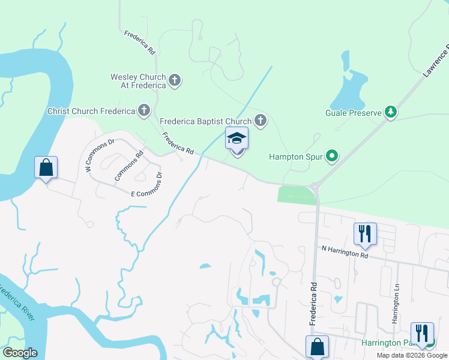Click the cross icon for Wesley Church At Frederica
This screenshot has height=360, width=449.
pos(175,80)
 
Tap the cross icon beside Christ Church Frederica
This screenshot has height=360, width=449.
pos(144,110)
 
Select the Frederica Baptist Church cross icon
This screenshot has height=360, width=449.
pos(260,121)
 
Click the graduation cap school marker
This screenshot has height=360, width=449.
pos(237,139)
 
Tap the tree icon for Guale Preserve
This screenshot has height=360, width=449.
pos(391,112)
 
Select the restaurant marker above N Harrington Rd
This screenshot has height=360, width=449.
pos(365,233)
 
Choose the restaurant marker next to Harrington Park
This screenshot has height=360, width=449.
pos(421,333)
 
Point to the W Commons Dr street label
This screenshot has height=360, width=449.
pos(100,156)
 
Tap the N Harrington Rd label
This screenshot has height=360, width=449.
pos(345,251)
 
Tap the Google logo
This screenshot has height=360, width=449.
pos(19,353)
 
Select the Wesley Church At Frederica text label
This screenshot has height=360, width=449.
pos(138,81)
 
